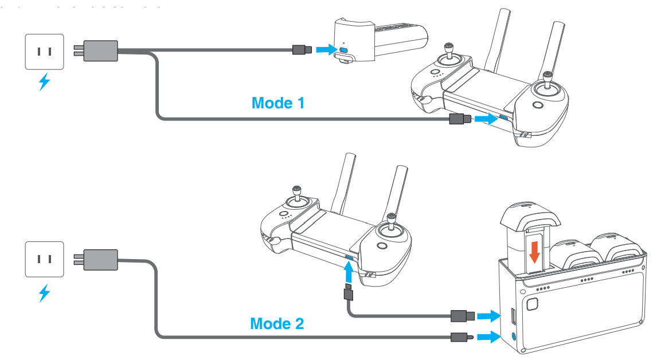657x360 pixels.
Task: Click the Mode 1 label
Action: tap(278, 103)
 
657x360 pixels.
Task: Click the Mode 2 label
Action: tap(277, 323)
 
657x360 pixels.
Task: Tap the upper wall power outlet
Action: tap(44, 52)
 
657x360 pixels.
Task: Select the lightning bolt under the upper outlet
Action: tap(44, 83)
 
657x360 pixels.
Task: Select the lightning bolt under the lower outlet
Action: tap(44, 293)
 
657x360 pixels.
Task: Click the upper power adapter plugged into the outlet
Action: tap(100, 50)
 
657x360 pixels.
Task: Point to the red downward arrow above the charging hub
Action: tap(534, 251)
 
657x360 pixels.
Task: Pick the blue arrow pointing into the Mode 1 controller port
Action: tap(484, 119)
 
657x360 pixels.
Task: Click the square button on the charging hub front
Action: tap(532, 304)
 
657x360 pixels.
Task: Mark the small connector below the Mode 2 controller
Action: tap(348, 293)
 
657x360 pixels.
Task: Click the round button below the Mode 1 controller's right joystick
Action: tap(537, 106)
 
